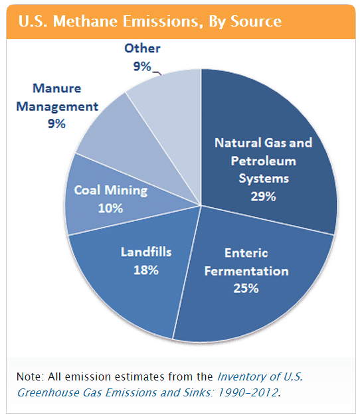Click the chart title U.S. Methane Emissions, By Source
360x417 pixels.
[x=150, y=21]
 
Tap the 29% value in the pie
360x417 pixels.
[x=263, y=197]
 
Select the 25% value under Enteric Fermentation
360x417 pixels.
[x=246, y=288]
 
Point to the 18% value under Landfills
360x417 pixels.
[x=146, y=270]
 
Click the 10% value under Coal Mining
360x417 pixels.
[x=110, y=208]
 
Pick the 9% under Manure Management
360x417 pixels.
[x=56, y=124]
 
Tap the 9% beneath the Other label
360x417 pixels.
[x=142, y=66]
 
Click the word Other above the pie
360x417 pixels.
[x=142, y=48]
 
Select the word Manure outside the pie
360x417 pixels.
[x=56, y=88]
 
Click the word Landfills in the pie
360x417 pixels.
[x=146, y=252]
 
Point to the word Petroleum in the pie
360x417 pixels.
[x=264, y=161]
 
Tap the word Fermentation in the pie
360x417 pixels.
[x=246, y=271]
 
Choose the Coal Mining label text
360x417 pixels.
[x=111, y=191]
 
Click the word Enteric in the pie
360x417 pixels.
[x=246, y=253]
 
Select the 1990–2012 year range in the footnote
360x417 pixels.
[x=248, y=392]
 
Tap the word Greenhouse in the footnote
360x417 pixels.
[x=48, y=393]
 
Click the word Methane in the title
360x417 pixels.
[x=85, y=21]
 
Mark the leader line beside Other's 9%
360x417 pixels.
[x=157, y=73]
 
